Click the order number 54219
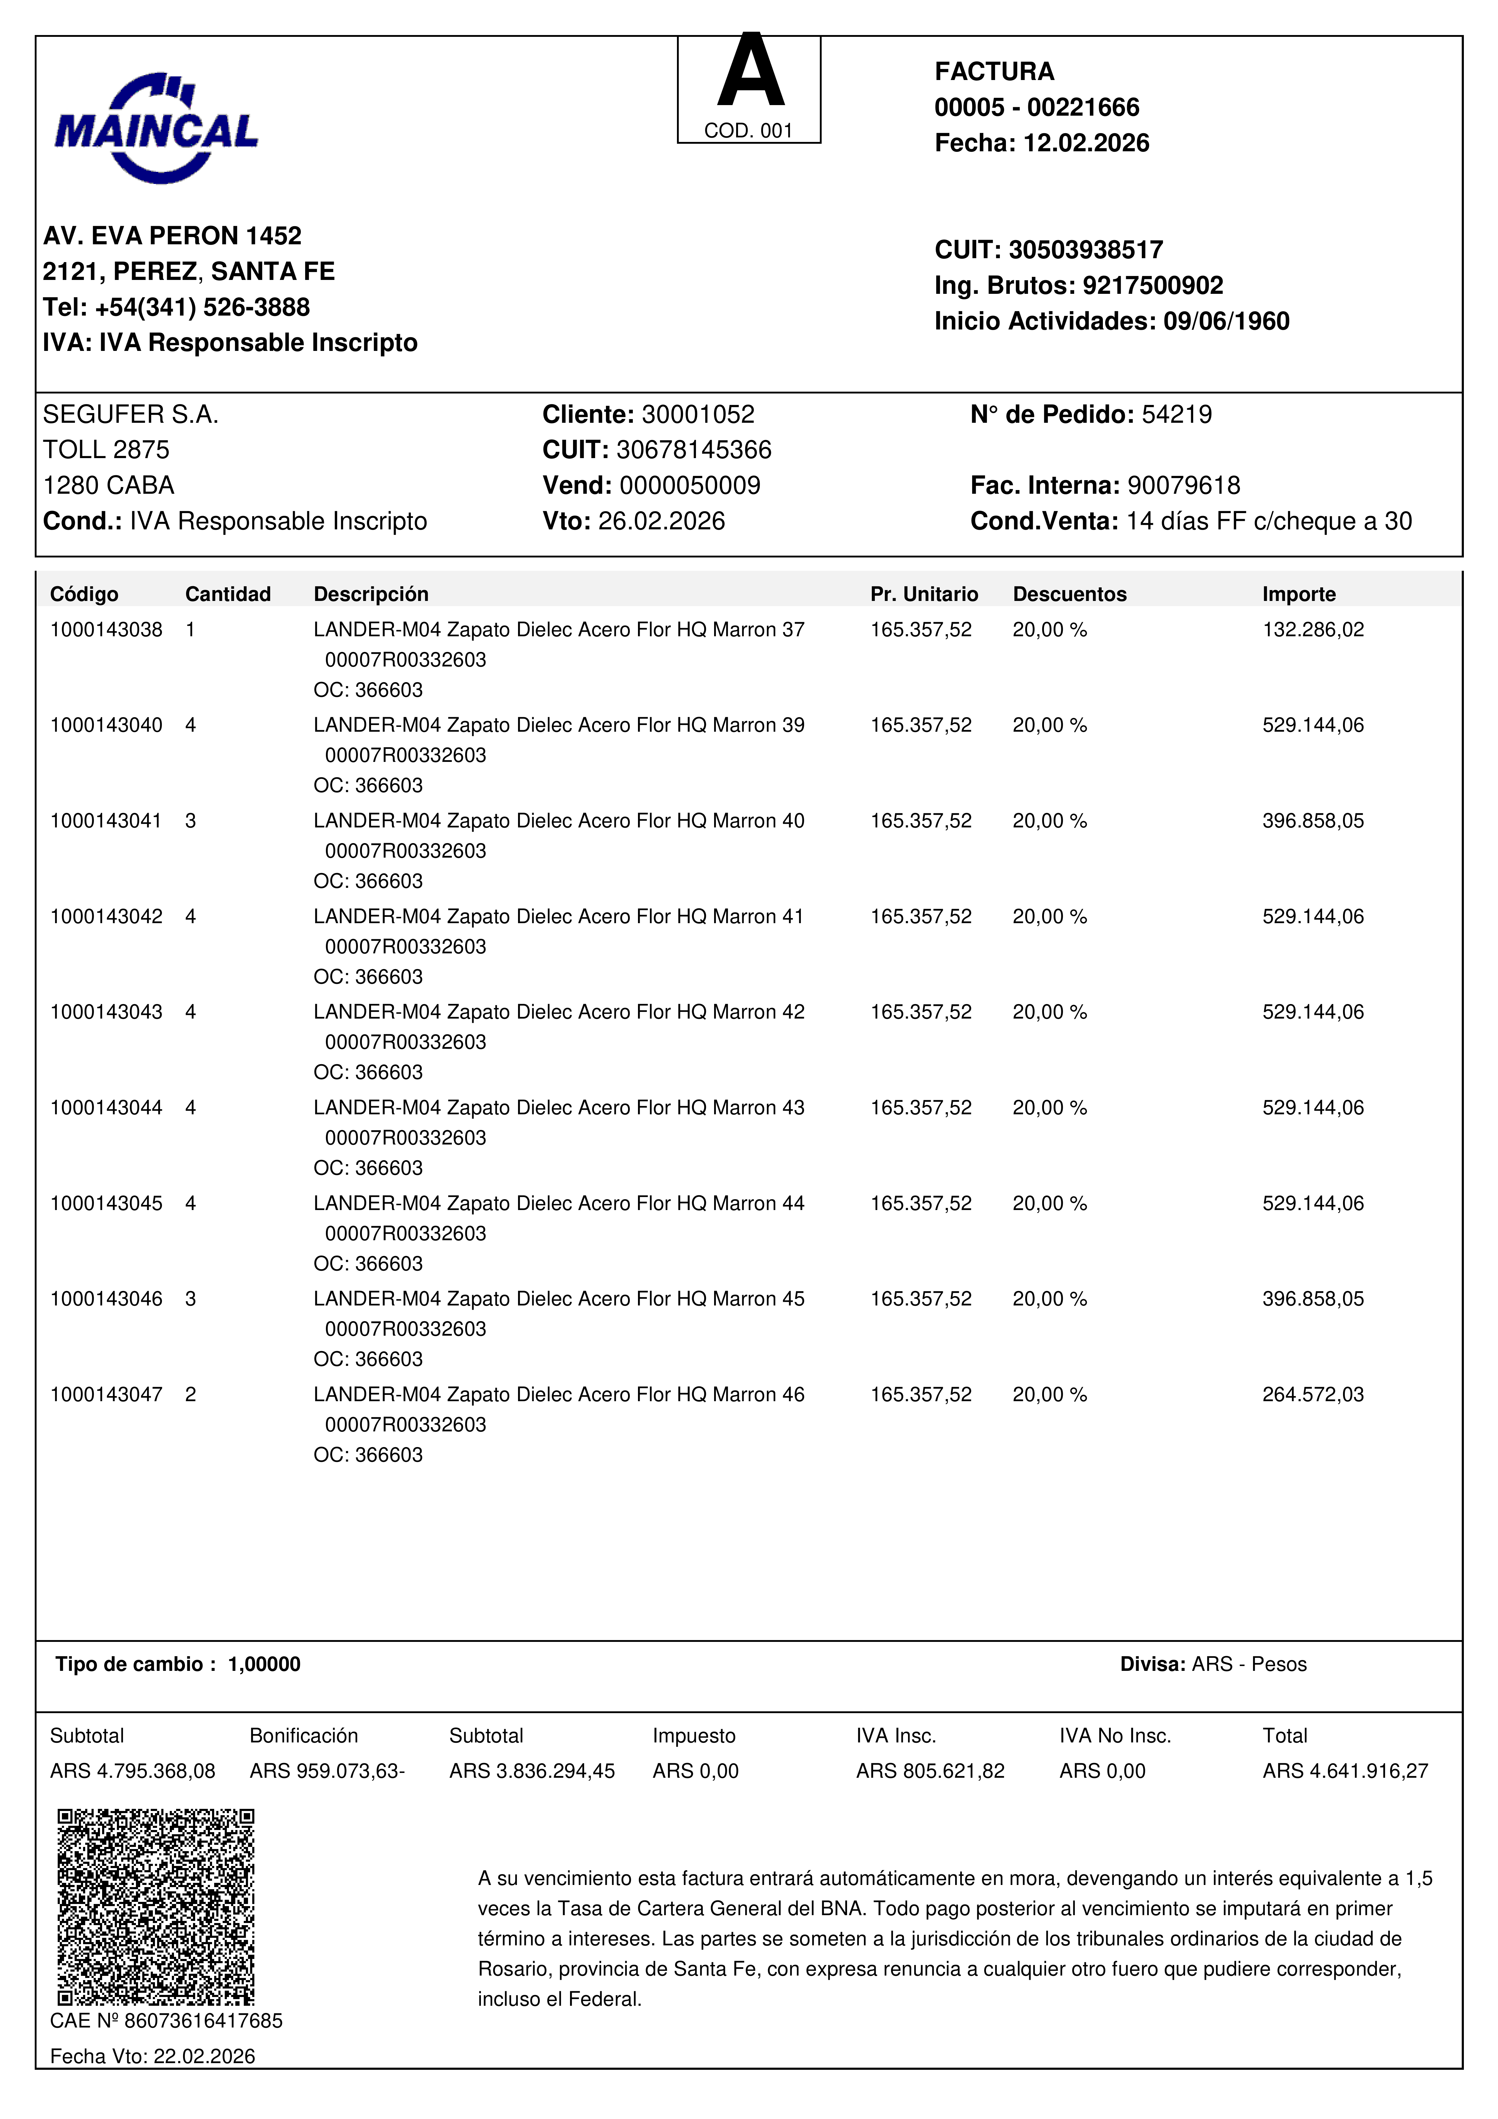1177,414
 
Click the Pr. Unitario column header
924,594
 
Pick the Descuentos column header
1070,594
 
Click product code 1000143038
106,629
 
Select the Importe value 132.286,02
1313,629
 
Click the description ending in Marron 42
559,1013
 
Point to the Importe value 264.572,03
1313,1395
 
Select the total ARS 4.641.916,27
1345,1771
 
